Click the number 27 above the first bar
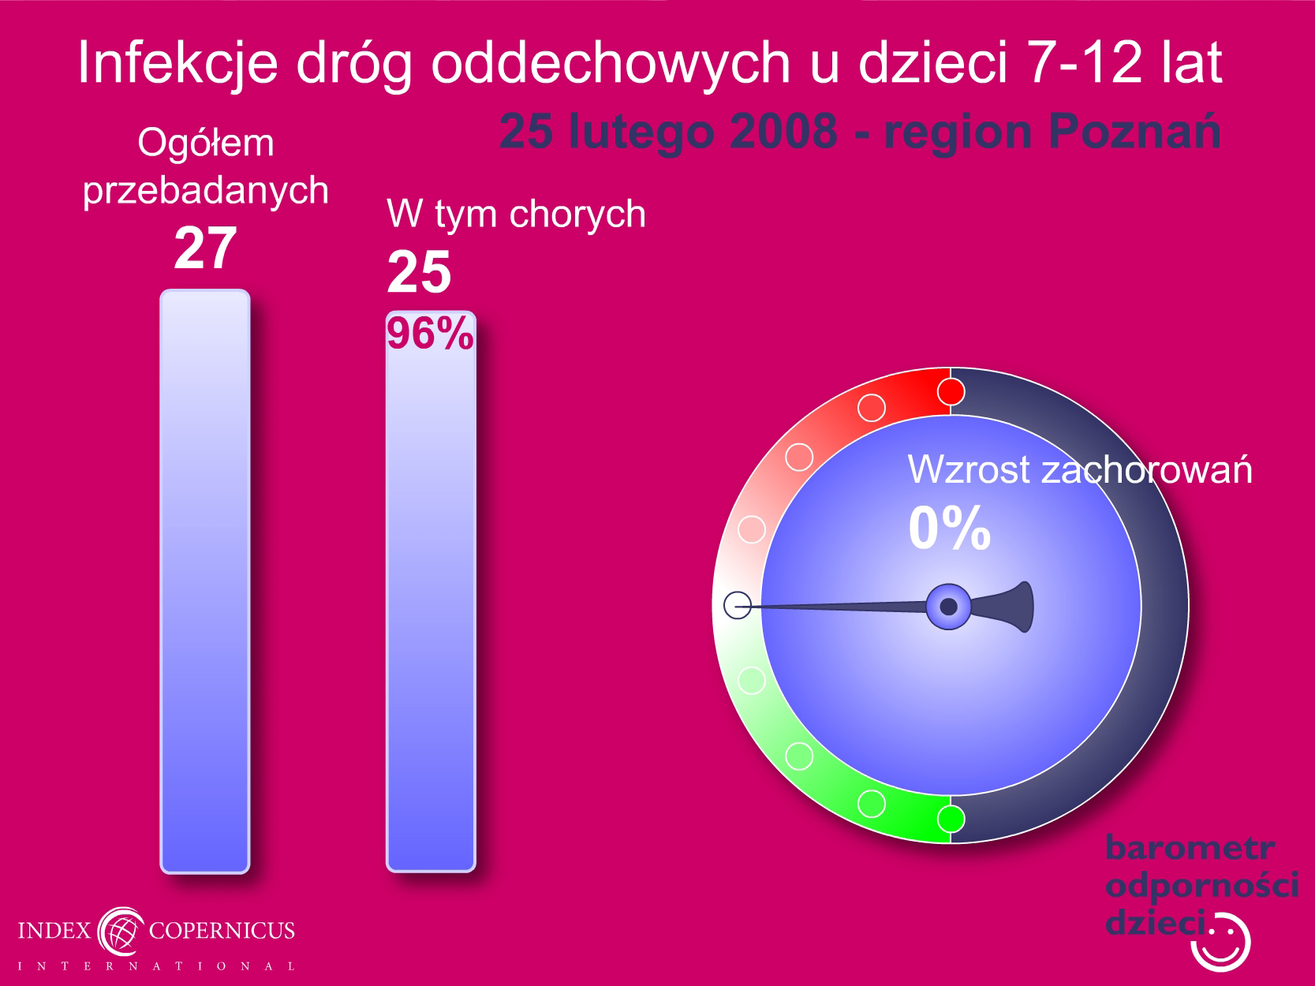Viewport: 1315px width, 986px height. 205,248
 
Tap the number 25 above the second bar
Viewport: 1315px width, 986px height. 419,272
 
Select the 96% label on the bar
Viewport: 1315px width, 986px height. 430,333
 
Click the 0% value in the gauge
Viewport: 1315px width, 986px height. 950,528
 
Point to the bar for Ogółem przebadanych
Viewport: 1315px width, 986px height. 205,581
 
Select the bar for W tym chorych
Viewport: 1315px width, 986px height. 431,592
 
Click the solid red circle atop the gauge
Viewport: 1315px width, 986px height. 951,392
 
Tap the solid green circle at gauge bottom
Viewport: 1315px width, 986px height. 951,819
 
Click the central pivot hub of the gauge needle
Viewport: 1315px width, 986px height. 948,607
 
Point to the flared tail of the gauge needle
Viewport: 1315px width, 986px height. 1007,607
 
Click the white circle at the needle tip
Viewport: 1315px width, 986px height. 738,605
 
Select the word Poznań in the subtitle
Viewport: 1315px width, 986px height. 1134,132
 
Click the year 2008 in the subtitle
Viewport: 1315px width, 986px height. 783,131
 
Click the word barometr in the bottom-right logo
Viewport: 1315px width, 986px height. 1190,848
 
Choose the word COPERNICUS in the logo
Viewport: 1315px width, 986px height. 222,930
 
